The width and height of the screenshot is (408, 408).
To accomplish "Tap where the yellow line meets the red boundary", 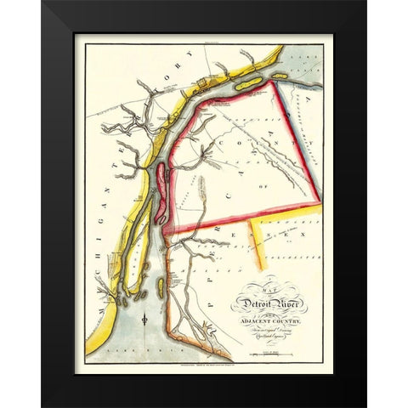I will coord(253,219).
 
